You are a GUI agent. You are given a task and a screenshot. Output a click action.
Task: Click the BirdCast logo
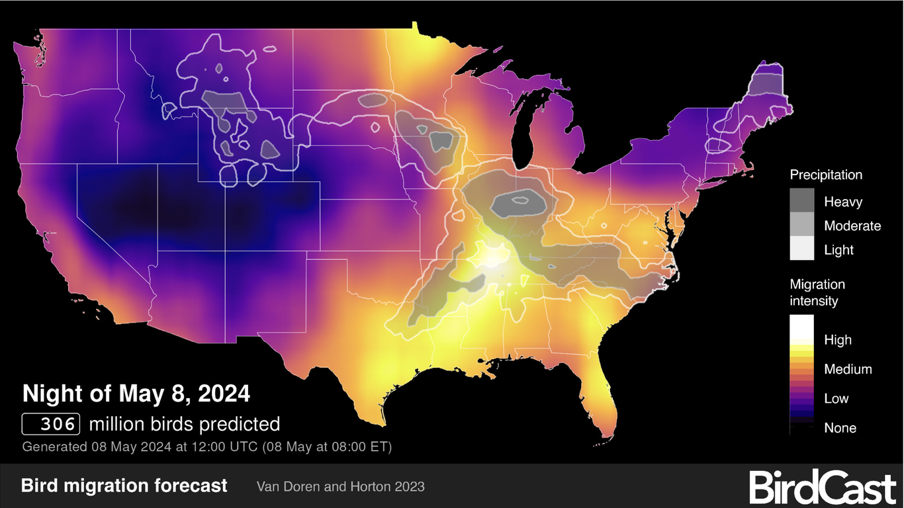point(823,487)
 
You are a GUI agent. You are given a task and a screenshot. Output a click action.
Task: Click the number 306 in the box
point(52,424)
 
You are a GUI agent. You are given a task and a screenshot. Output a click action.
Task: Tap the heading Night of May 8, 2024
point(136,394)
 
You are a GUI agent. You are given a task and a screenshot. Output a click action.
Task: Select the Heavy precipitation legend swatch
point(802,201)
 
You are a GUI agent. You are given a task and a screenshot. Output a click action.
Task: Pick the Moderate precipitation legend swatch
point(802,226)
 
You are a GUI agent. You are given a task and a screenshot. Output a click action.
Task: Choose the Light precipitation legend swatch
point(802,249)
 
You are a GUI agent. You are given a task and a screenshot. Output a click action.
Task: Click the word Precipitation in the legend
point(826,175)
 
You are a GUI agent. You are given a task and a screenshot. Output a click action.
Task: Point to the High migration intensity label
point(838,340)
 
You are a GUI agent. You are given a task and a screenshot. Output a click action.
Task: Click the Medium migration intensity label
point(848,369)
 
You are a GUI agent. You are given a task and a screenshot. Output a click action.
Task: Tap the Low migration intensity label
point(836,399)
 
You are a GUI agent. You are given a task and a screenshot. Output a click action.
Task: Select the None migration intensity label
point(840,428)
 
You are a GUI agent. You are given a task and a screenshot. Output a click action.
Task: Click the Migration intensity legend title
point(817,292)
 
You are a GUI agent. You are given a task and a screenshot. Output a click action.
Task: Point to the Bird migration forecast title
point(124,486)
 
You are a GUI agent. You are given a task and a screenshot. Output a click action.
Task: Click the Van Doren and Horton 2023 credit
point(340,487)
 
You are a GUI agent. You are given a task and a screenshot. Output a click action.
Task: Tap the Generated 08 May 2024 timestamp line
point(207,446)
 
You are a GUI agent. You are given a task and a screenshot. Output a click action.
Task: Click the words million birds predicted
point(185,424)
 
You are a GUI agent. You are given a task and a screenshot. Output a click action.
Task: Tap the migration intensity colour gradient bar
point(802,374)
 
